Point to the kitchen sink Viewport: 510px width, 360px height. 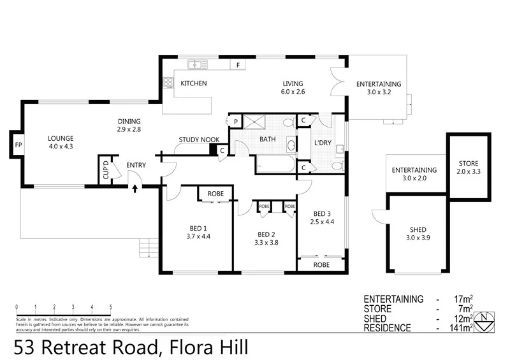coord(198,64)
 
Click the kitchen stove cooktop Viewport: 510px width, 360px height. coord(169,83)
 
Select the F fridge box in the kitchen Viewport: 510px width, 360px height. coord(238,65)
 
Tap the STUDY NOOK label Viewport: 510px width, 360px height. coord(199,139)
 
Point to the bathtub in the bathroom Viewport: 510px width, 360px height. coord(275,165)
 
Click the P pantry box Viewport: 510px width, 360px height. coord(235,122)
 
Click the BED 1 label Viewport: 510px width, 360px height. coord(198,228)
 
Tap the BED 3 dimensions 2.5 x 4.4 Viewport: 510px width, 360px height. coord(322,222)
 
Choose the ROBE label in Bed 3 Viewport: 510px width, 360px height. coord(321,264)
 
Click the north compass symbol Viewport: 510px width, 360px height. coord(486,320)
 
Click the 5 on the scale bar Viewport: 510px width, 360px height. coord(111,307)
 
